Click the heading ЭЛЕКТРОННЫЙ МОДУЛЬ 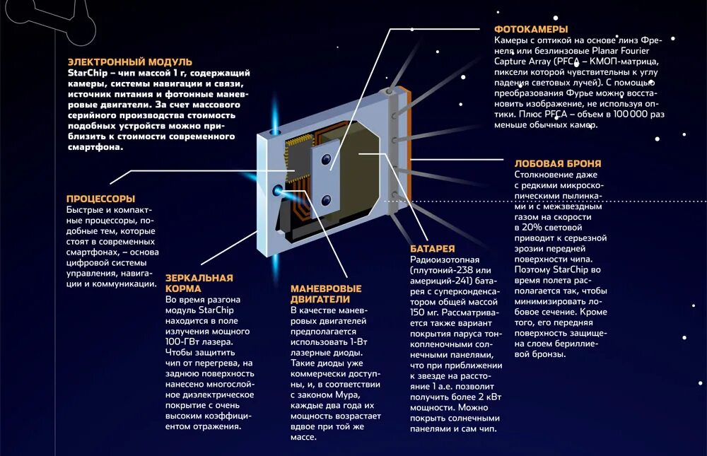click(129, 62)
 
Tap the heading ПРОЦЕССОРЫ click(100, 199)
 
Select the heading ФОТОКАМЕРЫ click(530, 29)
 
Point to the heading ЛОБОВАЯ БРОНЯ click(558, 163)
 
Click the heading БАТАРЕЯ click(432, 249)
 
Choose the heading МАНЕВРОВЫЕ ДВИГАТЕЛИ click(326, 293)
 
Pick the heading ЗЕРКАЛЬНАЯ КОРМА click(199, 283)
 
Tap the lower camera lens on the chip click(327, 200)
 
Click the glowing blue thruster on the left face click(278, 189)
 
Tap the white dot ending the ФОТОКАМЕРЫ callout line click(412, 29)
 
